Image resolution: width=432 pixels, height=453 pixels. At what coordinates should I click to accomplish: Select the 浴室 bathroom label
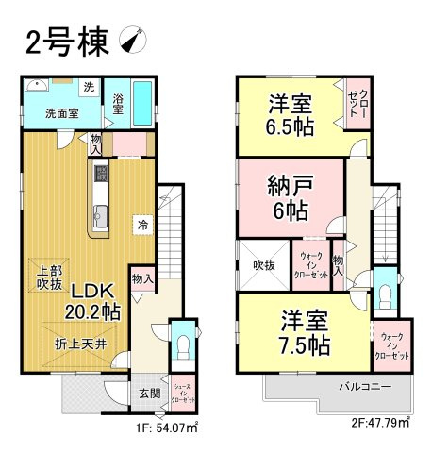pos(118,104)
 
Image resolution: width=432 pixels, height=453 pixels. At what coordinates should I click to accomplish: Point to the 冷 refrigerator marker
pos(141,224)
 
